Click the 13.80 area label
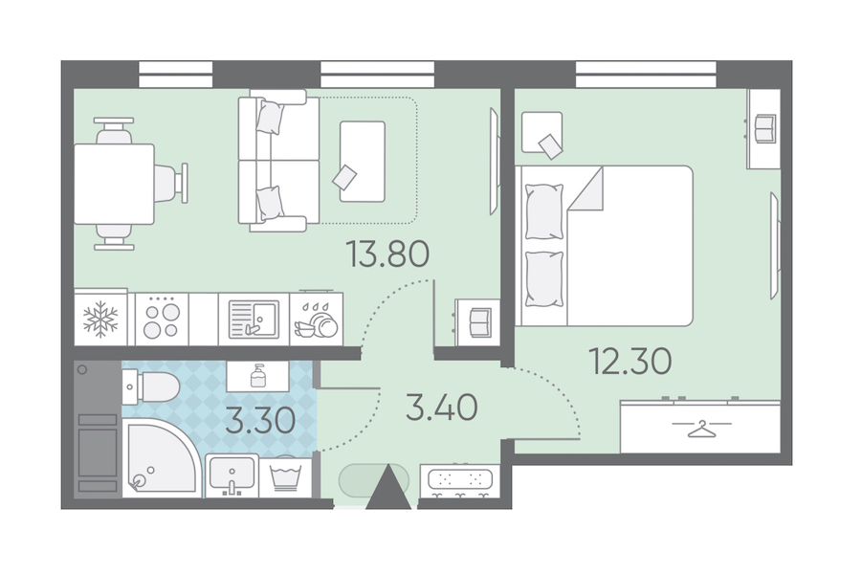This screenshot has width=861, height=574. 387,254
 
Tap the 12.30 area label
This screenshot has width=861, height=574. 629,361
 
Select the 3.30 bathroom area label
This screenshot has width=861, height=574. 260,421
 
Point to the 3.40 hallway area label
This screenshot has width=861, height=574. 441,408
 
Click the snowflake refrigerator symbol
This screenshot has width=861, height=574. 100,319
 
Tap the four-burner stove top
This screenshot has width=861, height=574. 162,319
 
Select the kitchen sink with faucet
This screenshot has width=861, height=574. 254,319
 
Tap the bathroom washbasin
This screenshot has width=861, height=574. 232,475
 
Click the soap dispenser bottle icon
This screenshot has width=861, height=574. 257,376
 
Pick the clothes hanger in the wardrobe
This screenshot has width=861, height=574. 701,428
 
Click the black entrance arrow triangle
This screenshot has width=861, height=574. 388,487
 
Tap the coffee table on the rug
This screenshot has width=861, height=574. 362,162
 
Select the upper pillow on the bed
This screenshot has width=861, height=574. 544,211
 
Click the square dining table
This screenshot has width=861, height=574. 114,184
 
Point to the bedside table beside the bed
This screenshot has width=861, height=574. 542,132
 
